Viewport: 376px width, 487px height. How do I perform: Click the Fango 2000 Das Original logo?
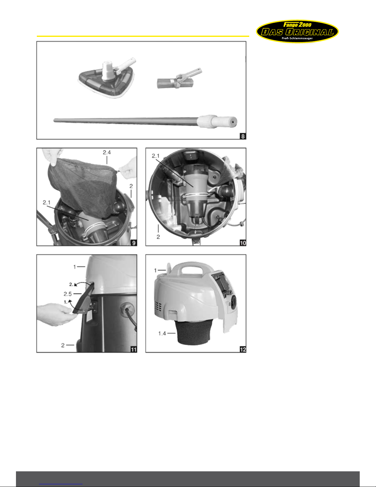(x=297, y=31)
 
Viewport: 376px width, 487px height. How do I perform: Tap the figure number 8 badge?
(x=243, y=136)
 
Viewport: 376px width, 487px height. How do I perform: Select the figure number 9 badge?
(x=134, y=243)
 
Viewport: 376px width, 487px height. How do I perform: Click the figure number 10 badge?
(x=243, y=243)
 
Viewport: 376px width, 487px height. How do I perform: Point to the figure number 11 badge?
(x=134, y=349)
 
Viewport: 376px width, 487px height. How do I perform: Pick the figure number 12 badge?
(x=243, y=349)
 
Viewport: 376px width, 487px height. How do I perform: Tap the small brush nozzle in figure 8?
(x=179, y=79)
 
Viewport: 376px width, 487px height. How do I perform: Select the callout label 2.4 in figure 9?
(x=107, y=152)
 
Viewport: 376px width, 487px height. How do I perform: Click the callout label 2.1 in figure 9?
(x=47, y=202)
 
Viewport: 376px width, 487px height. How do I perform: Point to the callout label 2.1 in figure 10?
(x=156, y=156)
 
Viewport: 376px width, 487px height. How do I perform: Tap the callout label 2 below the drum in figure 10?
(x=158, y=237)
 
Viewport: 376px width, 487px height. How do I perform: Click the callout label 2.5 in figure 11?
(x=68, y=294)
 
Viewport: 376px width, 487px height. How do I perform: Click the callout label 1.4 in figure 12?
(x=162, y=333)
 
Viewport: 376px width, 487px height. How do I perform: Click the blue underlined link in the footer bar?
(x=61, y=484)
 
